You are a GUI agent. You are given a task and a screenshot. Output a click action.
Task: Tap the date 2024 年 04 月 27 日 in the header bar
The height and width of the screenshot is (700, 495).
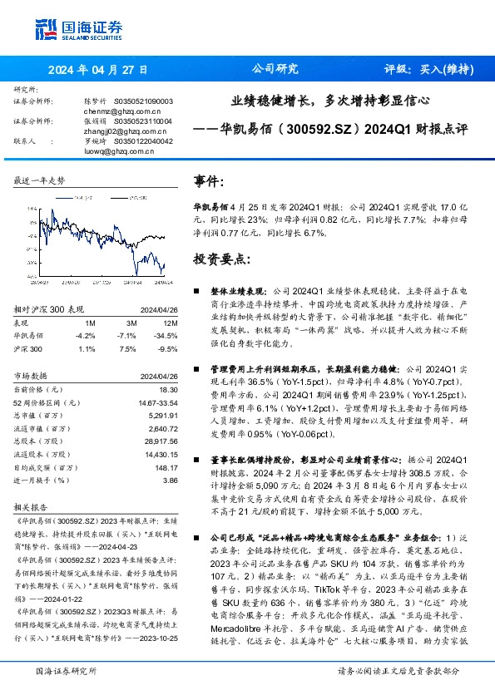pyautogui.click(x=99, y=69)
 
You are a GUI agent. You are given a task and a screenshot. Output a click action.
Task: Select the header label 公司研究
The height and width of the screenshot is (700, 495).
pyautogui.click(x=275, y=69)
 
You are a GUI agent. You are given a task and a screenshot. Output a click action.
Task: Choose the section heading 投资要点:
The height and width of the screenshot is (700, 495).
pyautogui.click(x=222, y=259)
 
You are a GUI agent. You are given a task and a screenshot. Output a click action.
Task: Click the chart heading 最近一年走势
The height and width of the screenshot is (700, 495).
pyautogui.click(x=39, y=180)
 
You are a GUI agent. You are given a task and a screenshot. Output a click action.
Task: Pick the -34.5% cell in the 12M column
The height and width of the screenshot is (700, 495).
pyautogui.click(x=166, y=335)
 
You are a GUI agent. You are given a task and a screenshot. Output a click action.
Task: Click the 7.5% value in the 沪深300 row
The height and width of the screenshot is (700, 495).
pyautogui.click(x=127, y=349)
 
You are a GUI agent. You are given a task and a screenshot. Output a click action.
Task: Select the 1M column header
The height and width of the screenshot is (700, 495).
pyautogui.click(x=91, y=323)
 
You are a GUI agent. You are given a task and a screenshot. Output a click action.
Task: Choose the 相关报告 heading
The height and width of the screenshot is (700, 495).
pyautogui.click(x=32, y=505)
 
